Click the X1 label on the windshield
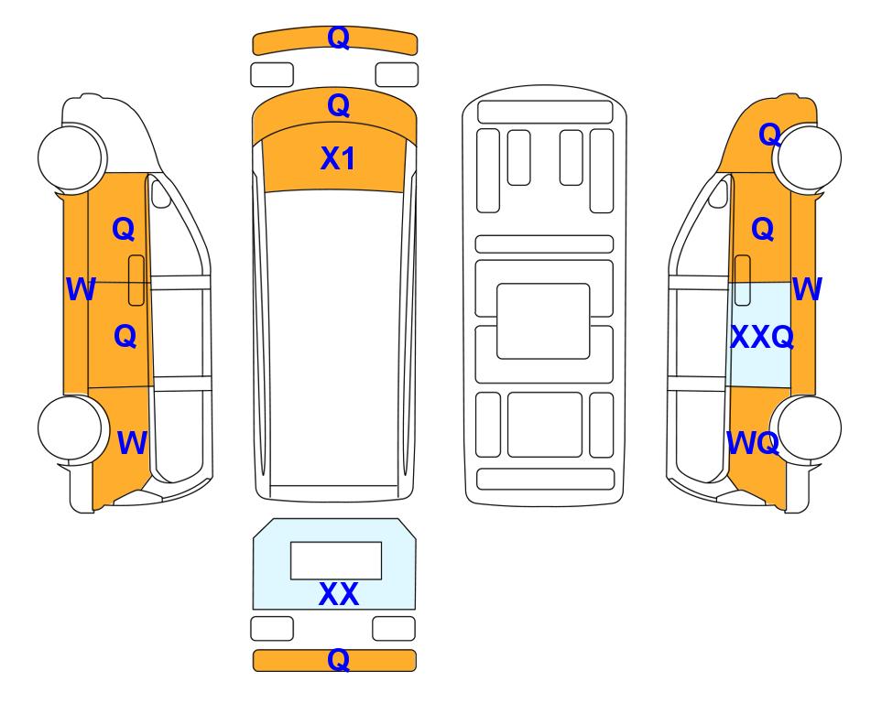click(337, 158)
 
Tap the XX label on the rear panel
click(339, 594)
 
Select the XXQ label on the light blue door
click(762, 337)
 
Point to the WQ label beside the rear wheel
click(753, 443)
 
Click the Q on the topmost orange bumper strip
click(339, 38)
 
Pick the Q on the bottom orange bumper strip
click(339, 659)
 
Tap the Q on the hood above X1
click(339, 105)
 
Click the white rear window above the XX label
click(336, 561)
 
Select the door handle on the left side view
click(136, 280)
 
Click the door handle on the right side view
click(743, 280)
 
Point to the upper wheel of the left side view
click(71, 157)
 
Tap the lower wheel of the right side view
click(808, 427)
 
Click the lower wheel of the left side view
click(71, 427)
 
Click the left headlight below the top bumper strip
click(272, 75)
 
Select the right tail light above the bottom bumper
click(394, 628)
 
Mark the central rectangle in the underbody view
click(543, 321)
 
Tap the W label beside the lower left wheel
click(132, 443)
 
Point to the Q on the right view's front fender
click(769, 135)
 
